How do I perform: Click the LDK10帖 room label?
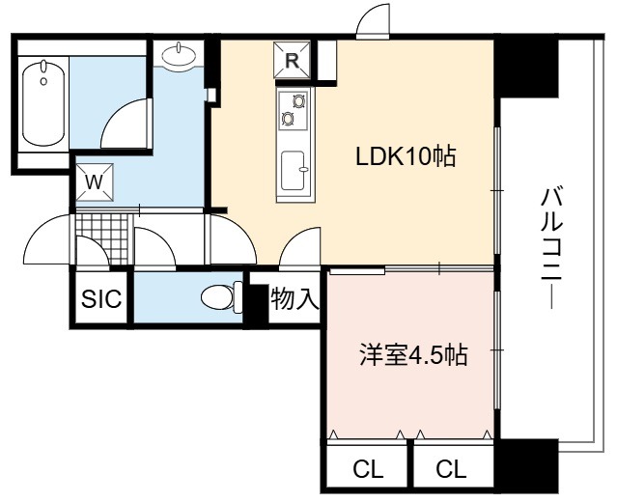click(x=406, y=156)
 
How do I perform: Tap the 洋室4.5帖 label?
click(x=413, y=355)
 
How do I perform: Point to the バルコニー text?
click(x=552, y=249)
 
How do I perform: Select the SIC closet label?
click(x=101, y=298)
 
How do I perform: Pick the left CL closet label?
click(x=368, y=469)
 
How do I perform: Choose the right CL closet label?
click(x=451, y=469)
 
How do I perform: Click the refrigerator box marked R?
click(x=292, y=60)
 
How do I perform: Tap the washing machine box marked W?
click(x=95, y=182)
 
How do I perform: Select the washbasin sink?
click(x=179, y=55)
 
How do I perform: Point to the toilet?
click(x=222, y=297)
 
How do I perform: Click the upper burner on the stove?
click(x=298, y=101)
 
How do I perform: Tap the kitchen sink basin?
click(x=294, y=170)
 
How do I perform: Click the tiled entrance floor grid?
click(x=102, y=238)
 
